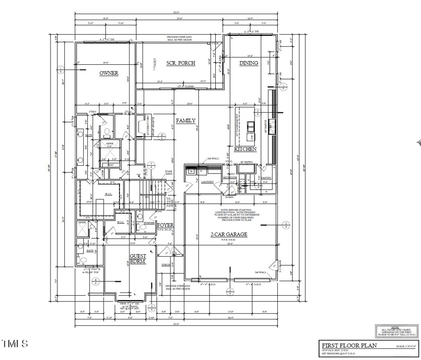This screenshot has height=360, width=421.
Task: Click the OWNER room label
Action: tap(109, 73)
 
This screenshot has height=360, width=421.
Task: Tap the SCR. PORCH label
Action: tap(181, 63)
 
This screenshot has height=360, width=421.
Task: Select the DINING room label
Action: tap(249, 63)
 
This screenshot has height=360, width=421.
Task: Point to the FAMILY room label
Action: tap(185, 121)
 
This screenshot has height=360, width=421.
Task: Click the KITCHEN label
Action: tap(245, 149)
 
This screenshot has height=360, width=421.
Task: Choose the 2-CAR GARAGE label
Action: tap(229, 235)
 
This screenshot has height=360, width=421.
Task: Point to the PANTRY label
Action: tap(266, 178)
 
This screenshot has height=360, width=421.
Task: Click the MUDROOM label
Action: tap(230, 178)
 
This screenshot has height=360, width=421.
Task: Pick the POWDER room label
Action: tap(149, 223)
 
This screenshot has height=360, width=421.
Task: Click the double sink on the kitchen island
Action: tap(251, 125)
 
